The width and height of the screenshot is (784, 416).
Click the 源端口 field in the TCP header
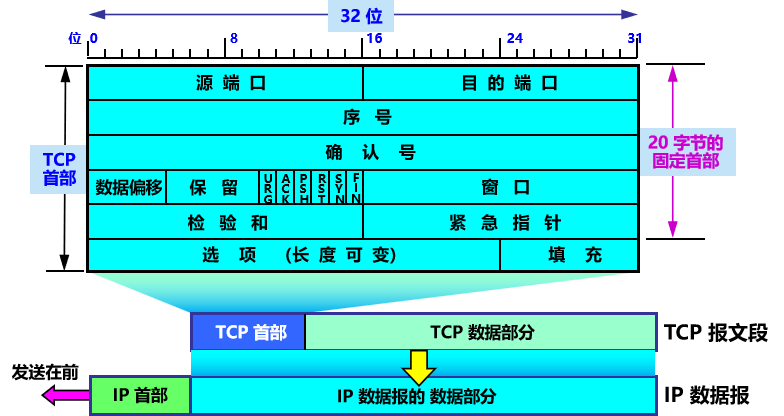coord(225,83)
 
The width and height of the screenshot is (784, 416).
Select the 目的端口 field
coord(500,83)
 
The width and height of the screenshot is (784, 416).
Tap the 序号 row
coord(363,118)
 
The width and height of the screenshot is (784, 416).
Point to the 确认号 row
coord(363,152)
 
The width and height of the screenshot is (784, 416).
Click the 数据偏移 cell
coord(126,187)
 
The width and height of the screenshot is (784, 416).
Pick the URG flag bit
coord(269,187)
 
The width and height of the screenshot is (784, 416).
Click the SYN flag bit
coord(340,187)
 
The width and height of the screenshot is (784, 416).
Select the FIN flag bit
coord(356,187)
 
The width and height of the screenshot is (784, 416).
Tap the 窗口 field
coord(500,187)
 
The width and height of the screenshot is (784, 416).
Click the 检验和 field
coord(225,222)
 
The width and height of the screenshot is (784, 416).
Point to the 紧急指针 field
coord(500,222)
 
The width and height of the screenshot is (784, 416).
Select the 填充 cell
coord(569,255)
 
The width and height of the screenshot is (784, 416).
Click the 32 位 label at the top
coord(363,16)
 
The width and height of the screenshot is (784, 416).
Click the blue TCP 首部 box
coord(248,332)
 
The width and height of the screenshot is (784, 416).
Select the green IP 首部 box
coord(140,395)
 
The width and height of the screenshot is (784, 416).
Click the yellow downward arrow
coord(420,365)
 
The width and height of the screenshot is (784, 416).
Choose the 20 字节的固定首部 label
coord(685,151)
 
